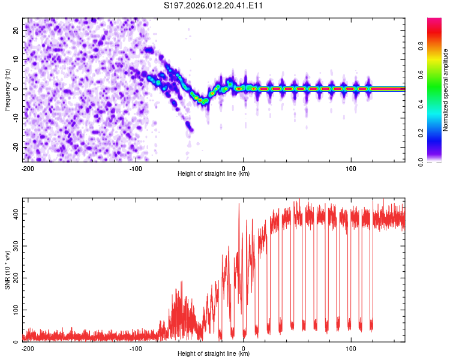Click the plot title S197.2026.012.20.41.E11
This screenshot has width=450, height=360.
point(214,6)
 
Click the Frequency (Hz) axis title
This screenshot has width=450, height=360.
point(7,89)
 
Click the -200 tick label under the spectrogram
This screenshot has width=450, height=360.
point(27,168)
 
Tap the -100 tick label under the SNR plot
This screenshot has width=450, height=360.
point(136,348)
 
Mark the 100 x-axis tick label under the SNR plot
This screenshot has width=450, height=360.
point(352,348)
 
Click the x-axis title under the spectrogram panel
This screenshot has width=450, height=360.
point(214,174)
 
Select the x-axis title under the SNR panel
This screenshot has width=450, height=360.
point(214,354)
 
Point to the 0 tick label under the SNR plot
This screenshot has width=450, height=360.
point(244,348)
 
